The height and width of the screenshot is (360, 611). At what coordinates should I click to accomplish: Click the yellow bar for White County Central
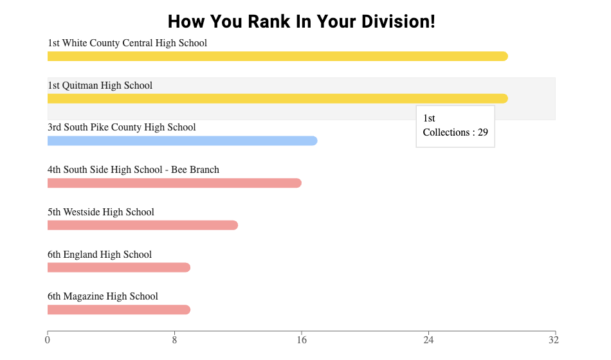(277, 57)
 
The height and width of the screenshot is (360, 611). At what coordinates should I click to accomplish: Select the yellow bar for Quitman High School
(277, 98)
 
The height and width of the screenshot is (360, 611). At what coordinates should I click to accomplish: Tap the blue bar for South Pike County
(182, 141)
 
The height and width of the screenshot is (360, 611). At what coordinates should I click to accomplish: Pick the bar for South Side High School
(174, 183)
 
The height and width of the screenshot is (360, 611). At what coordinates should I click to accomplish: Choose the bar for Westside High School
(143, 225)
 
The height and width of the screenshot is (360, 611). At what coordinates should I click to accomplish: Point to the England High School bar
(119, 267)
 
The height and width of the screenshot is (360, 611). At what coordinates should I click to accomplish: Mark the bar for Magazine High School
(119, 310)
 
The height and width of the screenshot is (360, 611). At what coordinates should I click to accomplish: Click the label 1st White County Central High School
(127, 43)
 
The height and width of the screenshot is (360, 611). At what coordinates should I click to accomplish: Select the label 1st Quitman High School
(100, 85)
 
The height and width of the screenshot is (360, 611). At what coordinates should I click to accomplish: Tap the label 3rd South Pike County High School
(122, 127)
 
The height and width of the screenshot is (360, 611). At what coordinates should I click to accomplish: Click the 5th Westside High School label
(101, 212)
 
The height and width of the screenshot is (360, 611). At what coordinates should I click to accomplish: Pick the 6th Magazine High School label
(103, 296)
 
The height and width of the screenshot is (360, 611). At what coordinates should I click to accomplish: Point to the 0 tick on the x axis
(48, 339)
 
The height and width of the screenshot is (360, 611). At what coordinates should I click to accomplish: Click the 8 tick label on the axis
(174, 339)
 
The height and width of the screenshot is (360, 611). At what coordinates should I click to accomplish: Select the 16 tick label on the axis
(301, 339)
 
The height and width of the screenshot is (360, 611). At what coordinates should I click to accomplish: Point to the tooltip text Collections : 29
(455, 132)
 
